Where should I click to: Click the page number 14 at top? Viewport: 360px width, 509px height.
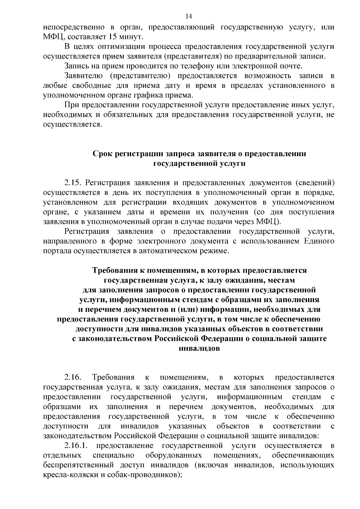[180, 16]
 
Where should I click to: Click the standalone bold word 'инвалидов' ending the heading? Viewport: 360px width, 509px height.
[199, 349]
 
